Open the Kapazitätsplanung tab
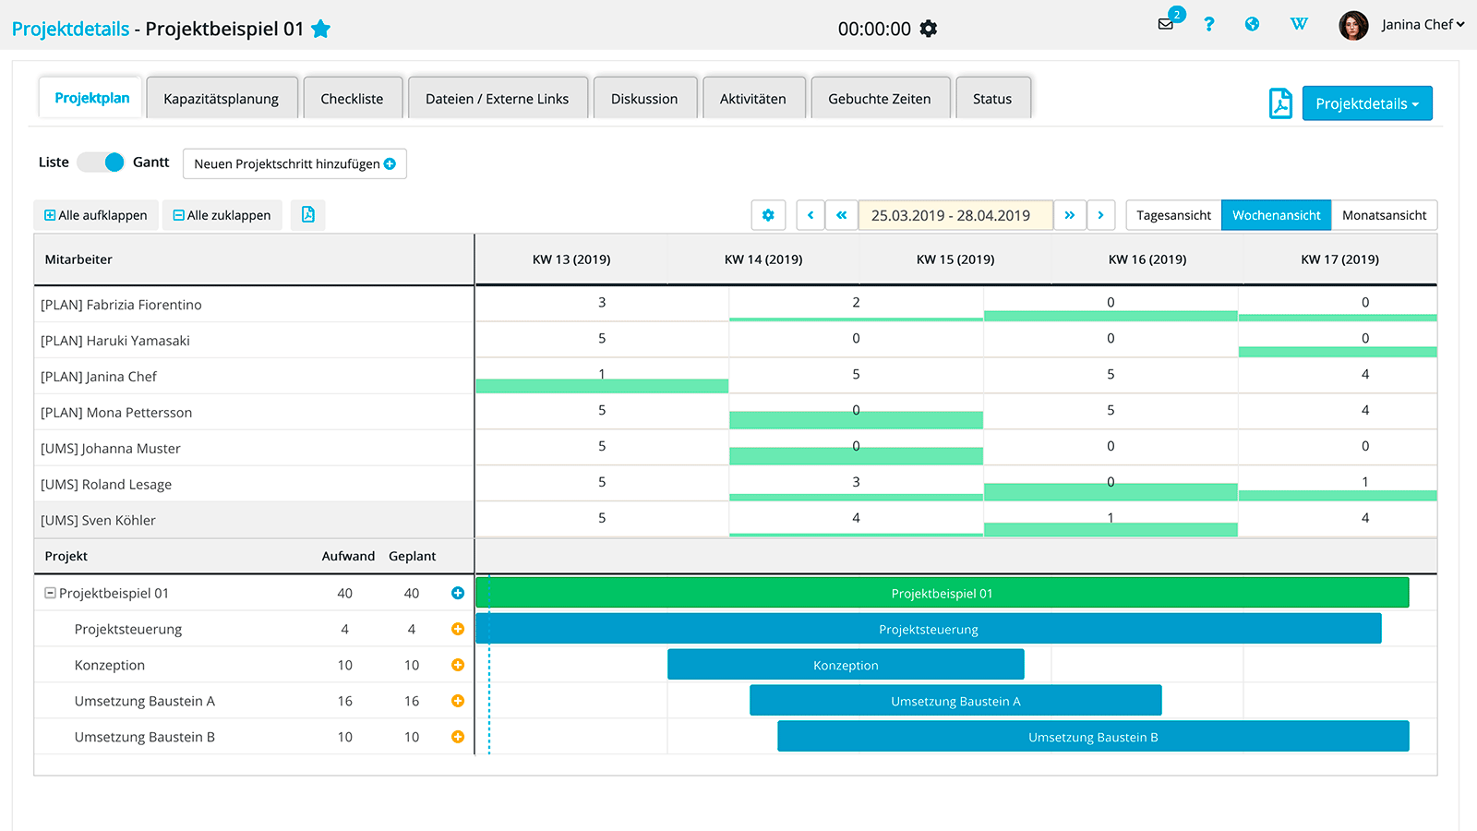pos(222,99)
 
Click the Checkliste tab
pos(352,99)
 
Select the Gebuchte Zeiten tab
pos(879,99)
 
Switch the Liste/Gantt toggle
pos(102,163)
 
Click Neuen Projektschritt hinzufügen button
pos(294,163)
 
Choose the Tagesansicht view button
pos(1173,215)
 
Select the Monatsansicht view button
pos(1384,215)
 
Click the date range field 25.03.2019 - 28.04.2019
pos(955,215)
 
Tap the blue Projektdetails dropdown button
pos(1366,103)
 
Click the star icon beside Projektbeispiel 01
pos(321,29)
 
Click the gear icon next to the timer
pos(929,29)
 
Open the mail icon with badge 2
pos(1166,24)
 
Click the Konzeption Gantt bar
pos(846,665)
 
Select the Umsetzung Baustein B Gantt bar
pos(1093,737)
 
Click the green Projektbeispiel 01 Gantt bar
pos(942,593)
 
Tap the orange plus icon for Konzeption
pos(458,665)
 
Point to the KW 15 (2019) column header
pos(955,259)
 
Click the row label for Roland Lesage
pos(106,485)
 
